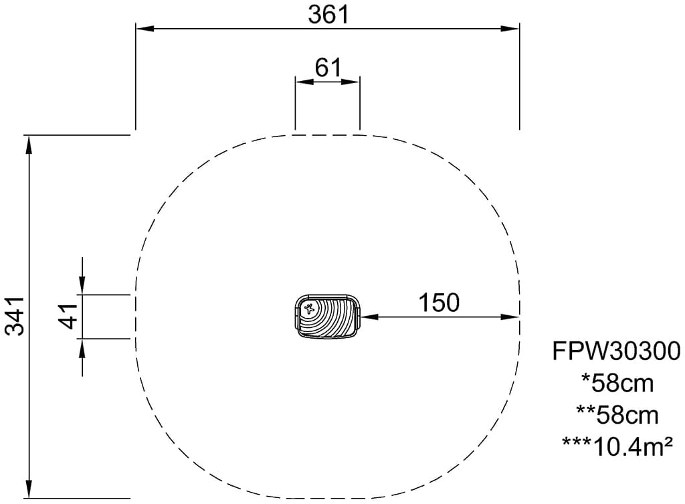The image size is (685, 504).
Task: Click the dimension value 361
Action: coord(328,14)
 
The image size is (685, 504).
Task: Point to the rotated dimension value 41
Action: coord(68,317)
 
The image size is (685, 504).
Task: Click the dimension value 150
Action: coord(439,303)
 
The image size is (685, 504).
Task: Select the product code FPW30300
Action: coord(616,351)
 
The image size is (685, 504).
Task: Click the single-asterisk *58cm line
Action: coord(617,384)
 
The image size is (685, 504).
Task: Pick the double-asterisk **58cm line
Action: coord(617,415)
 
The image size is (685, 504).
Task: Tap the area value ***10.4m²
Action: coord(617,446)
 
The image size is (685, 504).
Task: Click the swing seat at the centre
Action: coord(327,317)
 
